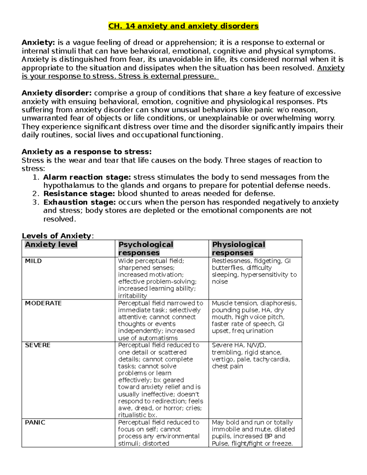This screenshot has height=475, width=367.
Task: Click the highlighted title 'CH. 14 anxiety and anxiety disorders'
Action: pyautogui.click(x=183, y=26)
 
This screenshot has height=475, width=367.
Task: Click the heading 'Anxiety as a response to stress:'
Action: pyautogui.click(x=87, y=152)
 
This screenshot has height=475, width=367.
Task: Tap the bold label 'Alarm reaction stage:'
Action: pyautogui.click(x=87, y=177)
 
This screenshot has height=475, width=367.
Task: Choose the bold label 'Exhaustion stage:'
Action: pyautogui.click(x=80, y=202)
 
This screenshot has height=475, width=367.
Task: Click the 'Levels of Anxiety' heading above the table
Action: pyautogui.click(x=57, y=236)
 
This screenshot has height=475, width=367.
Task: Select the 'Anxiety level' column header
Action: pyautogui.click(x=51, y=245)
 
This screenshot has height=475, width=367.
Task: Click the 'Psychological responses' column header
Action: pyautogui.click(x=146, y=248)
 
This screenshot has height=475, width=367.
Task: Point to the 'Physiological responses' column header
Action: pyautogui.click(x=239, y=248)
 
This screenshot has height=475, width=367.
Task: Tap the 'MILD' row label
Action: pyautogui.click(x=33, y=261)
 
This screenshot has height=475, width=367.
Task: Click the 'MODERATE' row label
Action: pyautogui.click(x=43, y=303)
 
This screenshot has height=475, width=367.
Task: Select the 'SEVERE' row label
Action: pyautogui.click(x=38, y=345)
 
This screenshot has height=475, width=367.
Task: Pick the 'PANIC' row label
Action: pyautogui.click(x=35, y=422)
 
